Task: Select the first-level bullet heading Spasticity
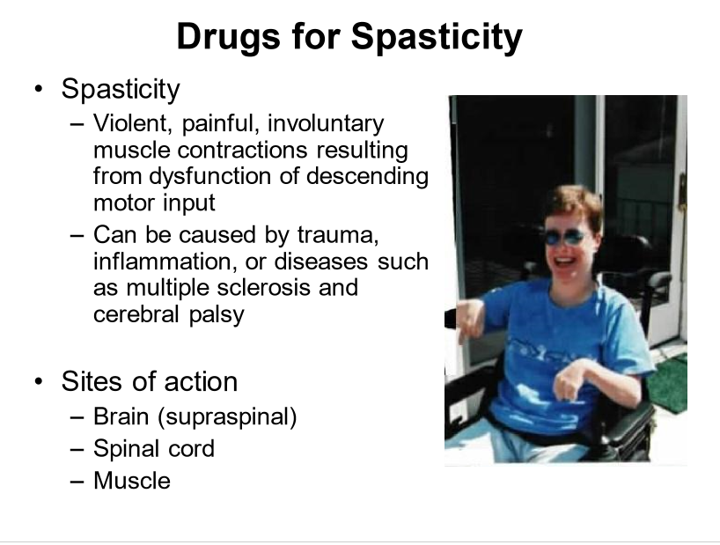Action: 121,89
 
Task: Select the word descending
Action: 368,176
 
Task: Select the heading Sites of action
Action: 149,381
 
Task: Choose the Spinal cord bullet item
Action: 154,448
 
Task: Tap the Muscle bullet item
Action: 132,481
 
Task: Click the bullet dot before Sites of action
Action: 38,382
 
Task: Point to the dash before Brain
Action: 77,416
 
